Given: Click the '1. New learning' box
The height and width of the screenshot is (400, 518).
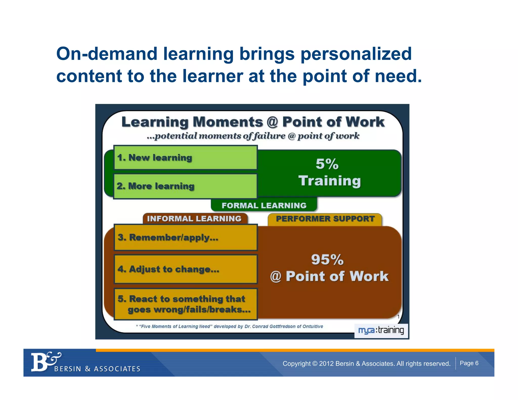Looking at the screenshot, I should click(185, 158).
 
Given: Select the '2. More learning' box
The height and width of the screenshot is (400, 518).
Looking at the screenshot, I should click(185, 186).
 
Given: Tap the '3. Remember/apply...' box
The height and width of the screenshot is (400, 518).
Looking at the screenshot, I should click(186, 237).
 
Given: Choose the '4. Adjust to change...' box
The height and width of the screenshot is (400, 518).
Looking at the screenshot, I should click(186, 269).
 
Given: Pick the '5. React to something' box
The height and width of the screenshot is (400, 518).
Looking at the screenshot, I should click(186, 304).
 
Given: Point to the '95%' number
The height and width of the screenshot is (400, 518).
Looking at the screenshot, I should click(327, 260).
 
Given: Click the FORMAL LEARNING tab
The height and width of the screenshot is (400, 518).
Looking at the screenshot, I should click(264, 205).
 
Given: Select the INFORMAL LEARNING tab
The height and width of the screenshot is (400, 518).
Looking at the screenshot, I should click(194, 218).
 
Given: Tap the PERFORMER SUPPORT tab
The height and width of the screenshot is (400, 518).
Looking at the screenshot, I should click(325, 219).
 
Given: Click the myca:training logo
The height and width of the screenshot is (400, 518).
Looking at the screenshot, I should click(381, 330).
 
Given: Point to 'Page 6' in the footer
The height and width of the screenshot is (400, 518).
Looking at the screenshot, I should click(469, 363).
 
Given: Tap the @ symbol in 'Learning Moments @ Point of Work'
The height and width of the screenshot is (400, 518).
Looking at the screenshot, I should click(272, 122).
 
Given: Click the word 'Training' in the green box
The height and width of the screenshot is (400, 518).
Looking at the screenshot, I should click(330, 181).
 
